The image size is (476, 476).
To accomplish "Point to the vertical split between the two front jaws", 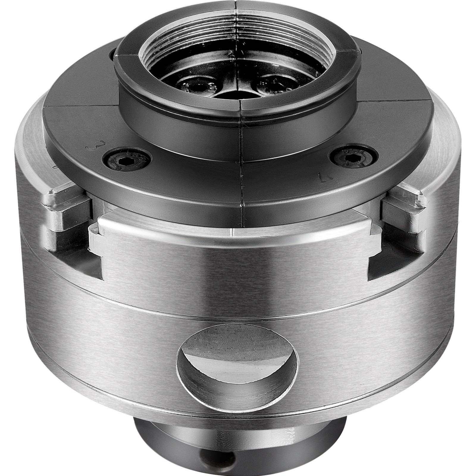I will coord(242,167).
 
